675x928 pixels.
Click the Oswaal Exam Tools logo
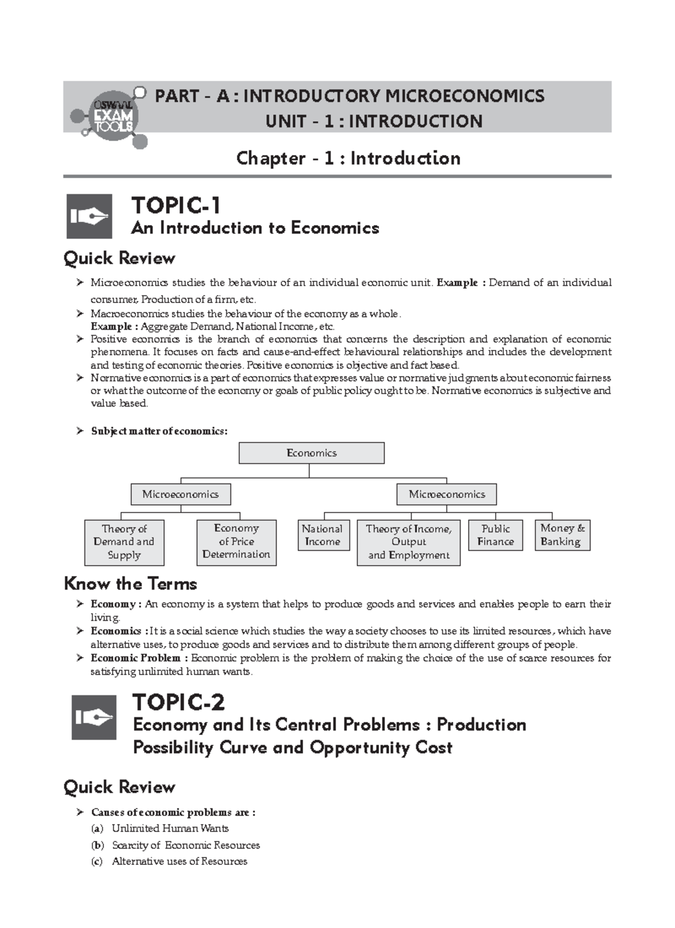(112, 116)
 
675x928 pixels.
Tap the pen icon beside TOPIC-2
(94, 717)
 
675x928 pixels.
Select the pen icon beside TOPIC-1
(89, 217)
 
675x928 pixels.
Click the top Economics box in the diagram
(311, 453)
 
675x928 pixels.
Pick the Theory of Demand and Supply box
(124, 542)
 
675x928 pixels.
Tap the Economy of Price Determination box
(236, 542)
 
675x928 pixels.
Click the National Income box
(322, 535)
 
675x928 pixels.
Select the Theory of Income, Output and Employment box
(408, 542)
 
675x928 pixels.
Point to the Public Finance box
(495, 535)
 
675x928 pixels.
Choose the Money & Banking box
(562, 535)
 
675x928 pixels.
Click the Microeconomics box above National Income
(447, 494)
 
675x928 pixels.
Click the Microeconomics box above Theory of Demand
(180, 494)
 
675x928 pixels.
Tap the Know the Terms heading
(130, 583)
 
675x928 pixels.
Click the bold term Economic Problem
(136, 658)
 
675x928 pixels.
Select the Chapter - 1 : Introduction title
(348, 158)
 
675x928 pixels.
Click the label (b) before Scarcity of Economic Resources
(97, 845)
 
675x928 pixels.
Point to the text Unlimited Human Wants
(170, 828)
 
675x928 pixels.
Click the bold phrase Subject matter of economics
(159, 431)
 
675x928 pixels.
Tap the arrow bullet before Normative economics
(79, 378)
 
